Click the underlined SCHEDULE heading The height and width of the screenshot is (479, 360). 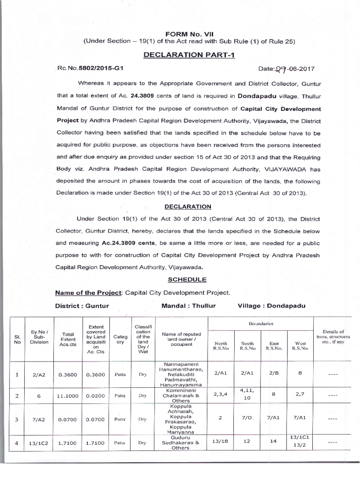187,279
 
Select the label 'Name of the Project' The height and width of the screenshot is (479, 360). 88,293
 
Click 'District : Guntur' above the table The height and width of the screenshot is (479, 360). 82,306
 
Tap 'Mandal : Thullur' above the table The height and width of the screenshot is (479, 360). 188,306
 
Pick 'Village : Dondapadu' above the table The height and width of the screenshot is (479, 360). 271,306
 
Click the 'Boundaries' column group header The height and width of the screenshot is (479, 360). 260,324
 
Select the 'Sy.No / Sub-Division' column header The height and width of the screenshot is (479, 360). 39,337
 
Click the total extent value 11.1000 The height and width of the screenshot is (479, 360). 67,396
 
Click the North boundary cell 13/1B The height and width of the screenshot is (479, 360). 220,440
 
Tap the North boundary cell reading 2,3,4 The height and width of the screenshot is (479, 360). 220,394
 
